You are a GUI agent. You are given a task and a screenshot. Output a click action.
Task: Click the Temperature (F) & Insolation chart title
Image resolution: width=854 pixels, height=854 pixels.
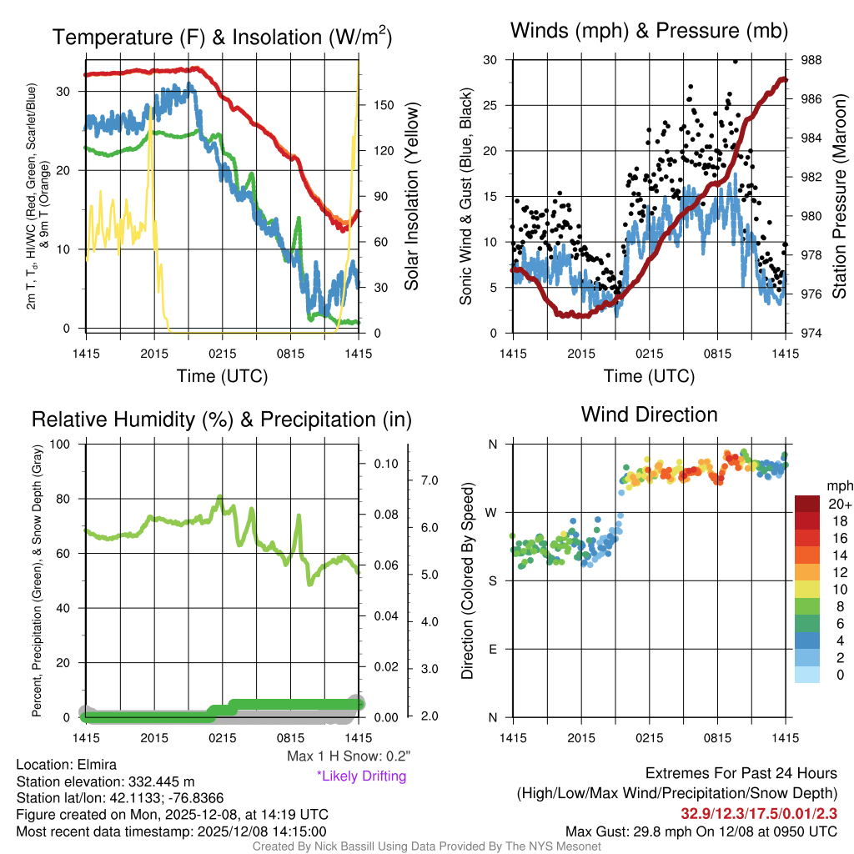click(222, 38)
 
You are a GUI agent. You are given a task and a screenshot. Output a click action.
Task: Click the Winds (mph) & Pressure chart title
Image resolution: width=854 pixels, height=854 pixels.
click(649, 32)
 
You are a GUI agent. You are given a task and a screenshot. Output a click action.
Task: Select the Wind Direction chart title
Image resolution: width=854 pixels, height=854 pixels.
click(649, 414)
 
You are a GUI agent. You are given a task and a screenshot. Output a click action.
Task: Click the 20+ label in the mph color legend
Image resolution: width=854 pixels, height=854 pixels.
click(838, 504)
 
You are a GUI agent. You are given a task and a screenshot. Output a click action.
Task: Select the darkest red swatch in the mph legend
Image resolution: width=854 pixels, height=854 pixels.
click(808, 504)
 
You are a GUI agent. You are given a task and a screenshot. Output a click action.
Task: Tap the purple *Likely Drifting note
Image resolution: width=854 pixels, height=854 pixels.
click(361, 776)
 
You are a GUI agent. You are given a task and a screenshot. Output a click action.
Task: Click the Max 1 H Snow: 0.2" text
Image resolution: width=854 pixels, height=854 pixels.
click(349, 756)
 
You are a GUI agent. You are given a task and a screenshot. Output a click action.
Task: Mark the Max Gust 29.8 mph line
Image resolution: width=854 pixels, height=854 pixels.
click(701, 831)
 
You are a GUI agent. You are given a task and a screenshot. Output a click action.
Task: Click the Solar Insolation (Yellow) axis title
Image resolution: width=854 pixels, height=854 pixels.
click(411, 197)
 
